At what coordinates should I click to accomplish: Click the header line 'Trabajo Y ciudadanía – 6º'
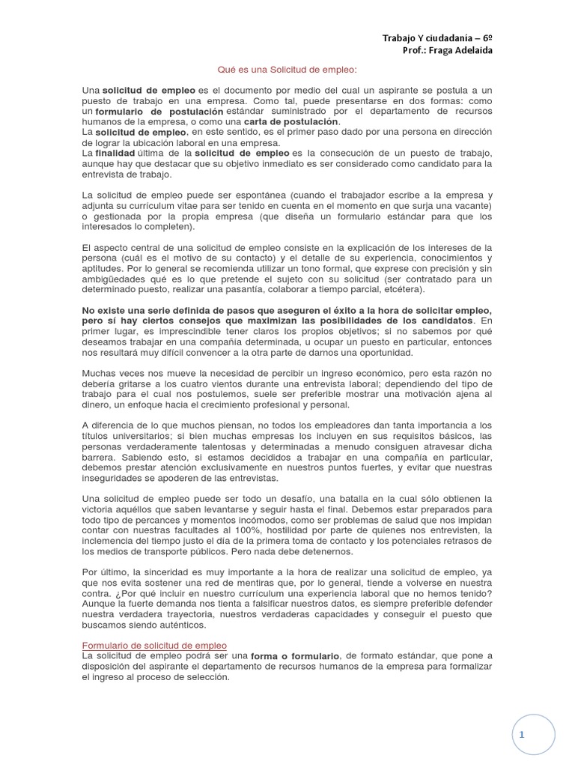pos(437,37)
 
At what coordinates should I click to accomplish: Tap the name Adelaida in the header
pos(469,50)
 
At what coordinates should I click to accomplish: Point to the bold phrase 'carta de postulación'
pos(292,121)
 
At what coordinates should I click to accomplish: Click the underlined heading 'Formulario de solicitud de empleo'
pos(154,646)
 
